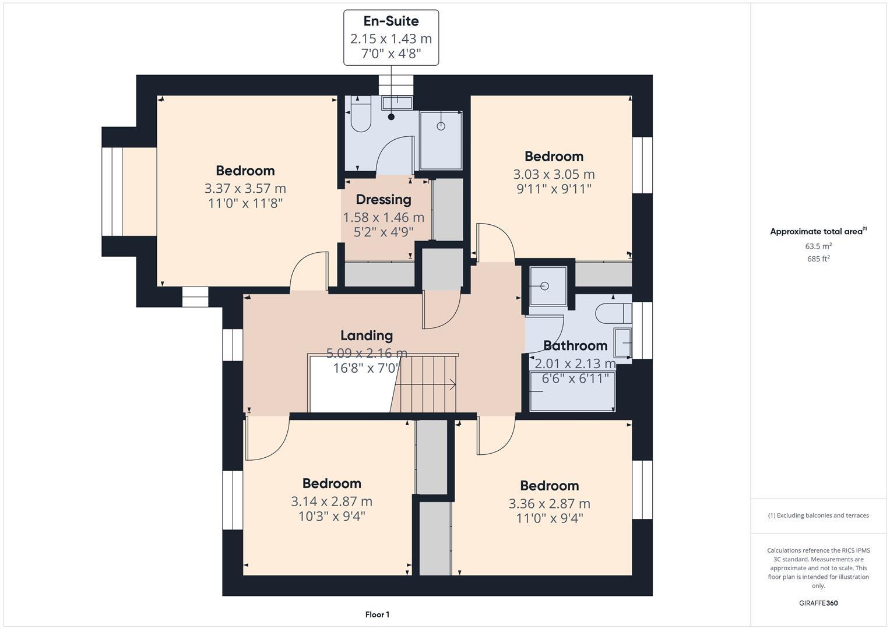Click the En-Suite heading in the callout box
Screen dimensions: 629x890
(x=391, y=22)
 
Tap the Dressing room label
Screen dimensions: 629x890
(x=383, y=200)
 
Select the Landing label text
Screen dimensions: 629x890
(x=366, y=335)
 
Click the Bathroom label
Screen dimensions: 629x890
(x=575, y=346)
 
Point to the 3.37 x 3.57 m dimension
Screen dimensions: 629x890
(x=245, y=189)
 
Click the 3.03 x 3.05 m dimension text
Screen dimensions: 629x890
(x=553, y=174)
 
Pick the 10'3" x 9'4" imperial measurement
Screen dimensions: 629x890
(x=331, y=516)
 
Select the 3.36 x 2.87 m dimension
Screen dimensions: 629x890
(x=549, y=504)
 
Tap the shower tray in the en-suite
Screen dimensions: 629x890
(x=441, y=139)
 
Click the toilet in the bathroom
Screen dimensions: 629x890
(x=613, y=313)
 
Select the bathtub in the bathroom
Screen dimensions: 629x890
(x=572, y=391)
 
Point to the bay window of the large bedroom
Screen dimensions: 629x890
(x=112, y=192)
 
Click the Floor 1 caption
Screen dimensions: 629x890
(x=377, y=614)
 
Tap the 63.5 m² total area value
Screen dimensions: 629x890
(x=818, y=246)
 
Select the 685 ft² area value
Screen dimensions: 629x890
(x=818, y=259)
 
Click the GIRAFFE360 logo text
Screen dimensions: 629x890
(x=818, y=603)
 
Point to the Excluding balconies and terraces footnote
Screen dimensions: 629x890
(x=818, y=515)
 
